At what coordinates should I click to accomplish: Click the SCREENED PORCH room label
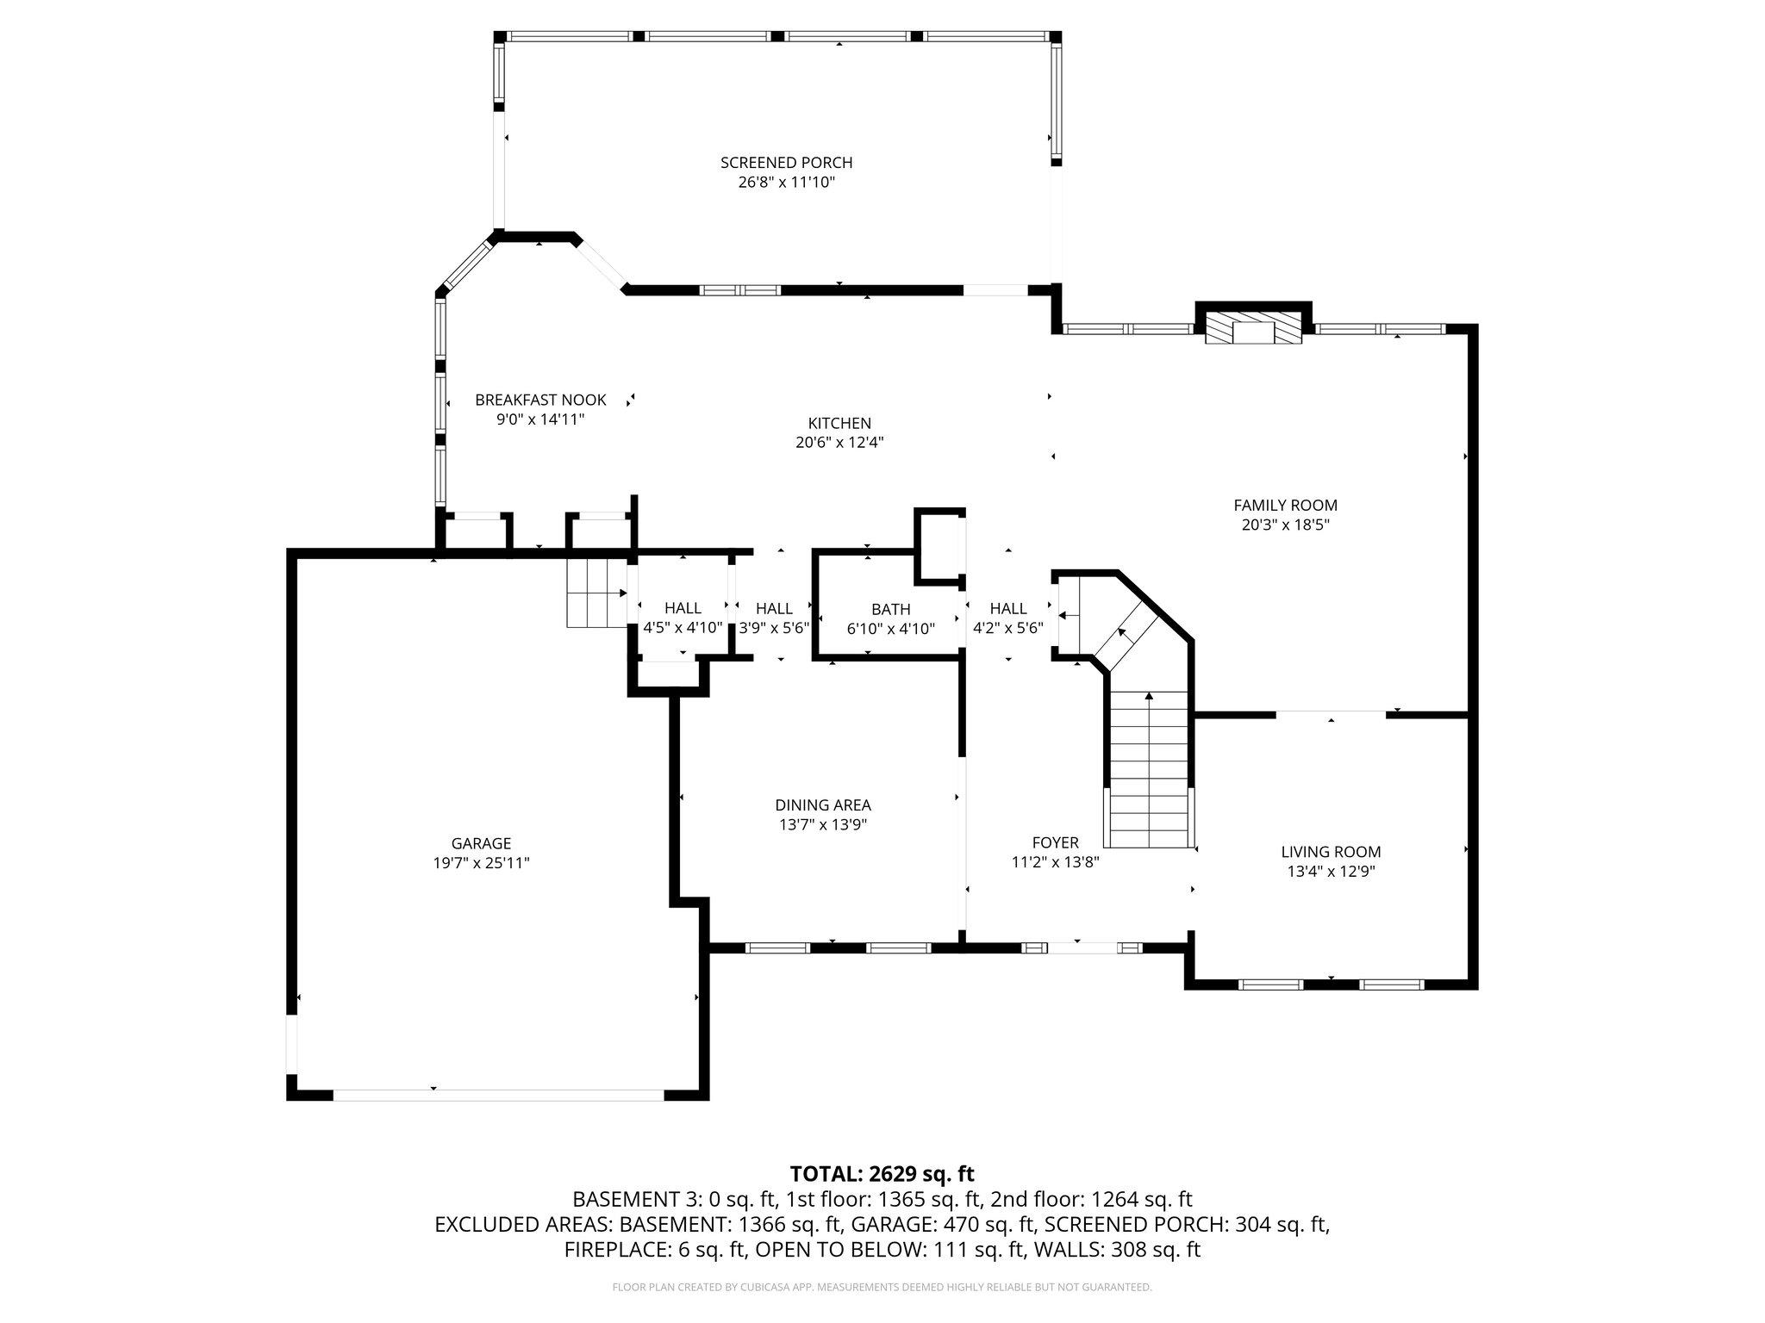click(x=786, y=162)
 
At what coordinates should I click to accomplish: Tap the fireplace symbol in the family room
click(x=1252, y=330)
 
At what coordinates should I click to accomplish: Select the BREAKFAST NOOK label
click(x=540, y=400)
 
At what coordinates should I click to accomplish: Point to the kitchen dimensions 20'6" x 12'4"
click(x=839, y=443)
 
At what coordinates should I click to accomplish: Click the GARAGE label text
click(x=481, y=843)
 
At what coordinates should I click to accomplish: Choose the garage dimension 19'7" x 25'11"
click(x=481, y=863)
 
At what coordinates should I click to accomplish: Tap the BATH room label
click(x=890, y=609)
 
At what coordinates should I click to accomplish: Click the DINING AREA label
click(x=822, y=805)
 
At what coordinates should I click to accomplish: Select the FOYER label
click(x=1055, y=842)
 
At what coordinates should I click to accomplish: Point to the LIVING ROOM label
click(x=1331, y=852)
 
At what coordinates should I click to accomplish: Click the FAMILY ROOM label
click(x=1285, y=506)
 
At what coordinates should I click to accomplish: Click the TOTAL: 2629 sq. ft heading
click(x=882, y=1173)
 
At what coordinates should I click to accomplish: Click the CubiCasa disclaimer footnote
click(x=882, y=1287)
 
